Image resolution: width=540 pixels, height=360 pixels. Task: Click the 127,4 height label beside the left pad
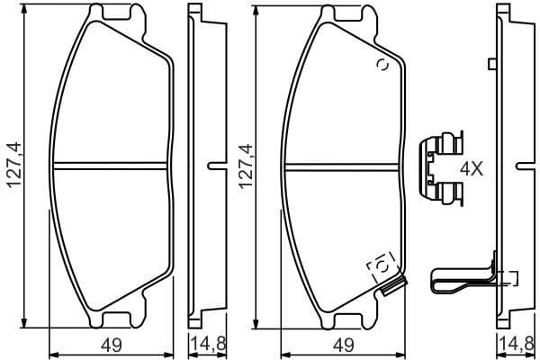tap(13, 165)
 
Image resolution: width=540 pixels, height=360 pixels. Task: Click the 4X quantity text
tap(471, 168)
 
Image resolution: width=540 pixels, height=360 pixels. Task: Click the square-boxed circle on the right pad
tap(381, 266)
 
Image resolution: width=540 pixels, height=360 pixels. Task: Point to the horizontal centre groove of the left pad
tap(111, 164)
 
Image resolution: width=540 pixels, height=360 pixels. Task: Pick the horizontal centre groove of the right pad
tap(340, 164)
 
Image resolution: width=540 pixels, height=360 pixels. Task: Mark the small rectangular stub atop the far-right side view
tap(490, 63)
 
